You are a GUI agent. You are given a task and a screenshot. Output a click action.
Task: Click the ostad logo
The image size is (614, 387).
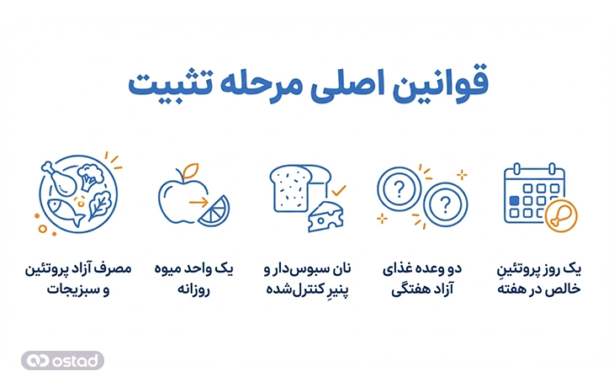coord(63,360)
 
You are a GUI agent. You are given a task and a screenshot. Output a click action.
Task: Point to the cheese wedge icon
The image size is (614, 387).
coord(323,215)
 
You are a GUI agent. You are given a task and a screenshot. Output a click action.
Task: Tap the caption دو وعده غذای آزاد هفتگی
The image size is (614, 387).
coord(419,278)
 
